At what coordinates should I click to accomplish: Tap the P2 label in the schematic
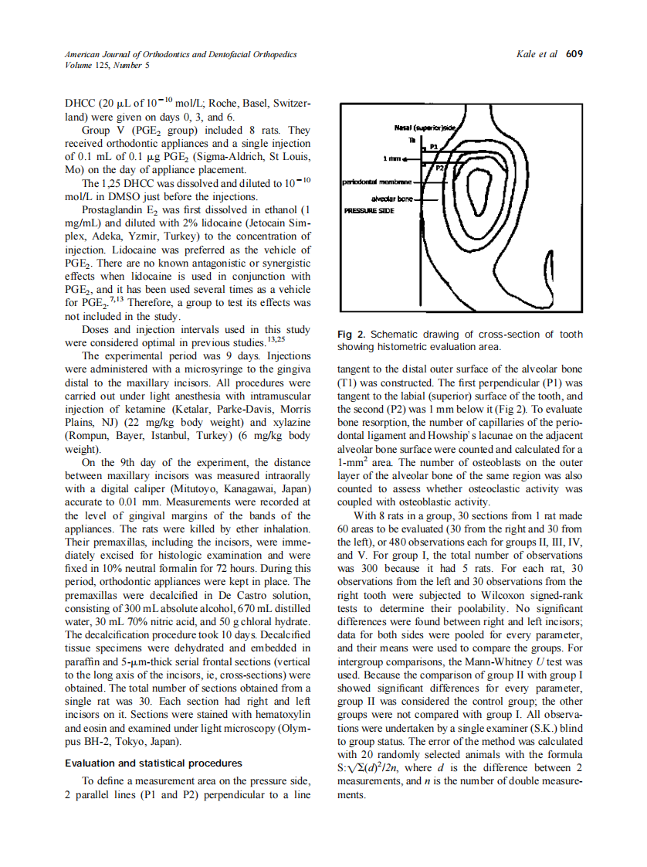coord(439,168)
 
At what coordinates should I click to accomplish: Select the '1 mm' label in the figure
coord(393,159)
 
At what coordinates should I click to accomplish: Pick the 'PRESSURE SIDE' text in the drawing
coord(369,209)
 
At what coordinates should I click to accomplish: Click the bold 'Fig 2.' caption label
coord(352,335)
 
